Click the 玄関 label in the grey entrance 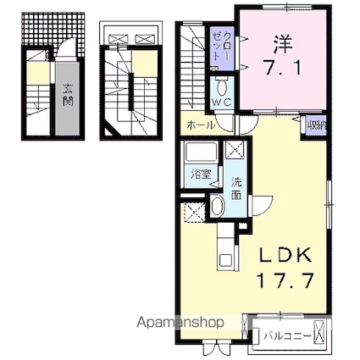coord(68,95)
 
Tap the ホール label coord(201,125)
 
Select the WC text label coord(222,102)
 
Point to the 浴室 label coord(202,174)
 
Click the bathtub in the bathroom coord(201,152)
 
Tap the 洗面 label coord(236,188)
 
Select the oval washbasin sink coord(217,206)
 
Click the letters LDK coord(285,255)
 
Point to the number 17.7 coord(285,280)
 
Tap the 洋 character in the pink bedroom coord(283,45)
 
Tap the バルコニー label coord(288,336)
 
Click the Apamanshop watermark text coord(180,322)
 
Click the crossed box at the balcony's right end coord(319,335)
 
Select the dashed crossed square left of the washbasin coord(194,213)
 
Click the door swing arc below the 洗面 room coord(262,206)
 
